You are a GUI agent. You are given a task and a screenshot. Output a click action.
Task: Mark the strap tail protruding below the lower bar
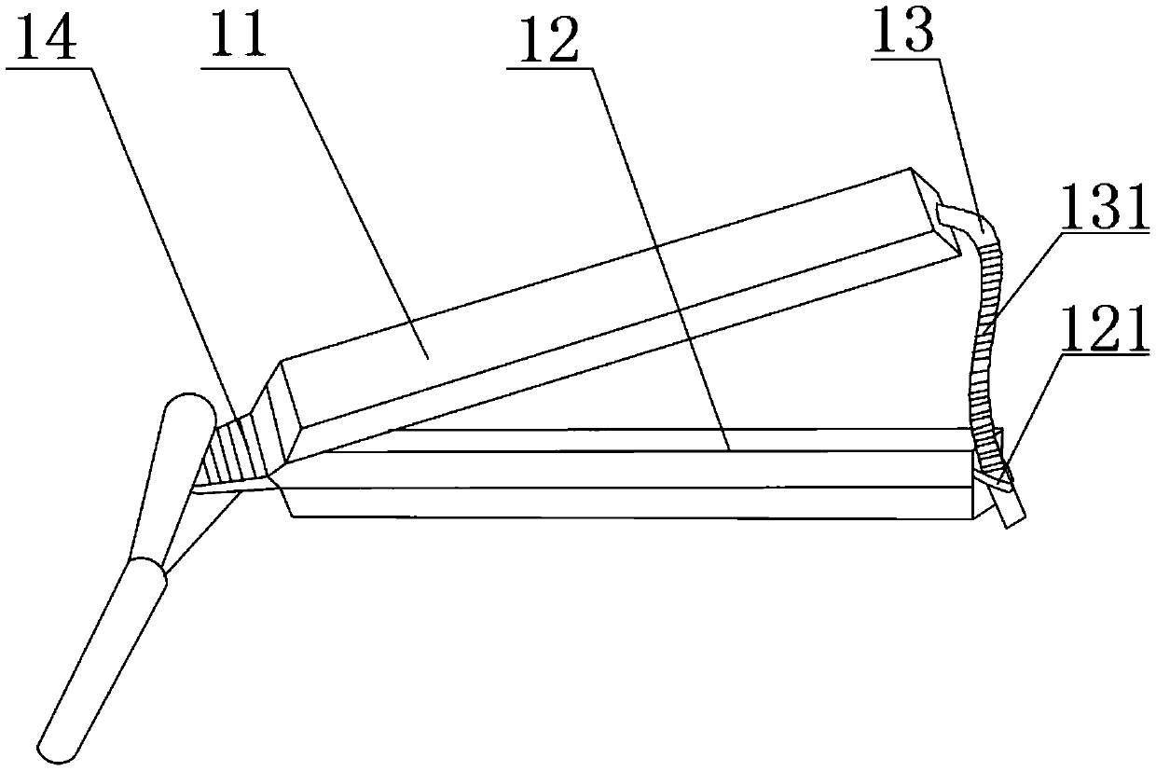coord(1011,511)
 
